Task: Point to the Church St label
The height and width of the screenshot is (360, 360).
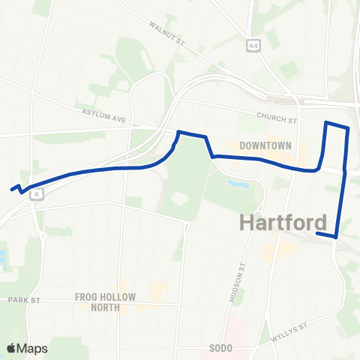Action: point(277,118)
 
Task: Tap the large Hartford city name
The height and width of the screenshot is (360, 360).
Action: point(283,222)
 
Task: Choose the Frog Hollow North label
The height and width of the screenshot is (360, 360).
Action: point(105,301)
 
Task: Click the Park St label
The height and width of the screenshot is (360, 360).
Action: point(23,299)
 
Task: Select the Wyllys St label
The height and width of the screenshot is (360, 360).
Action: point(292,330)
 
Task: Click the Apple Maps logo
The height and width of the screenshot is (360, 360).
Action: point(27,348)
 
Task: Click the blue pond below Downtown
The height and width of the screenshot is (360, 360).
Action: point(239,183)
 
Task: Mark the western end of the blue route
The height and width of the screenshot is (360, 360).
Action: point(12,189)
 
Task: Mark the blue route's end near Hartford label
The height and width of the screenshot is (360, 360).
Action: point(318,234)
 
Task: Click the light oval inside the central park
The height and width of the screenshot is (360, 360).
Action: point(180,199)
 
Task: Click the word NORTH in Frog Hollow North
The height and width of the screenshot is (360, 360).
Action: point(105,307)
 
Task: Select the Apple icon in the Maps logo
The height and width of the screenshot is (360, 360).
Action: point(11,348)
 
